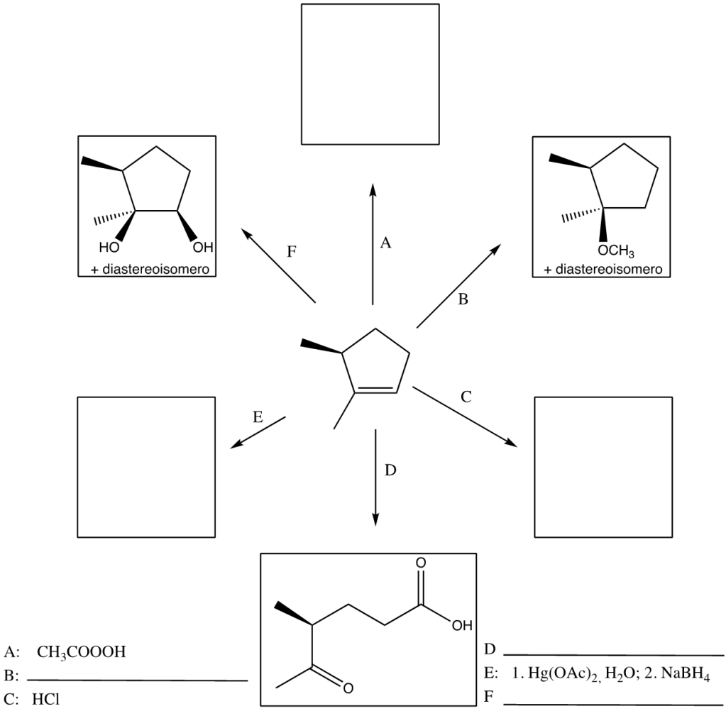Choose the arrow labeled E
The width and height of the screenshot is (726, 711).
point(259,431)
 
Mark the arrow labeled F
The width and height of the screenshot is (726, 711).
point(279,265)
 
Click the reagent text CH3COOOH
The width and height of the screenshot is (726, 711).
point(81,651)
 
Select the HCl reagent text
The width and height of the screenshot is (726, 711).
point(46,698)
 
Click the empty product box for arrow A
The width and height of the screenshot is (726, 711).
point(370,74)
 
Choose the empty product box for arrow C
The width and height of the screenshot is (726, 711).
point(603,466)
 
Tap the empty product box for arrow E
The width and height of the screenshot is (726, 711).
point(145,466)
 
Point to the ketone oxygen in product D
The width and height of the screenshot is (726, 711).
point(348,686)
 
